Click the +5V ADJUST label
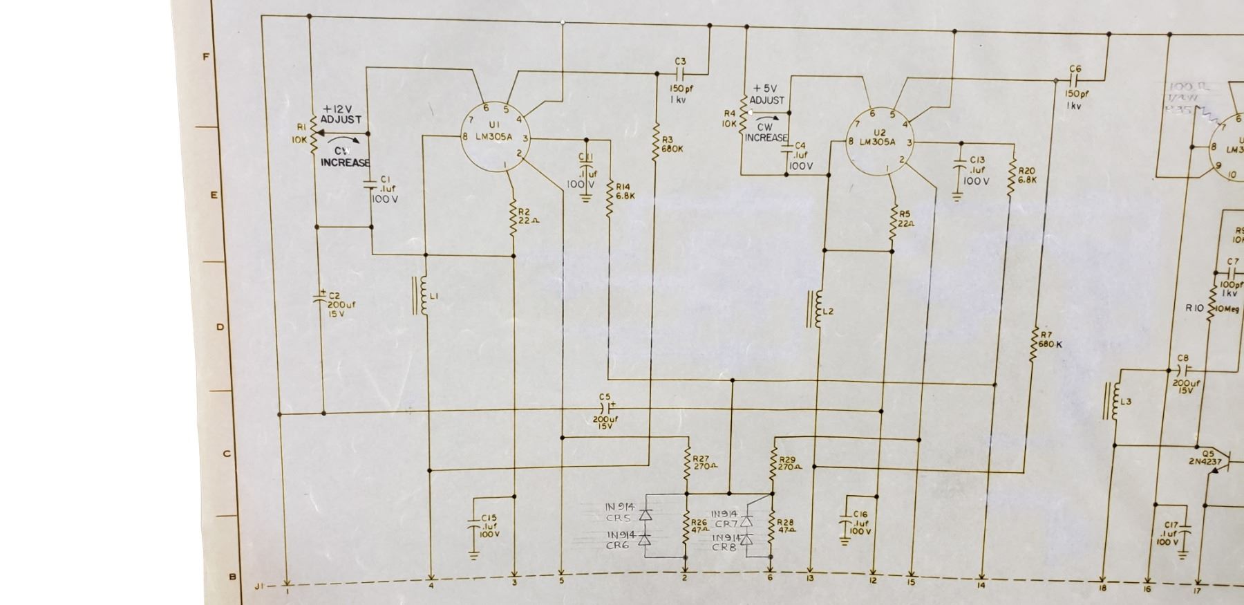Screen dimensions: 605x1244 coord(766,95)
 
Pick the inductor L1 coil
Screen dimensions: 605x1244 coord(422,297)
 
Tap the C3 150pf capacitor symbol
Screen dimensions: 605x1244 coord(680,73)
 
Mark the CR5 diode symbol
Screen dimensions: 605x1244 coord(645,515)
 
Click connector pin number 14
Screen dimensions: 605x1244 coord(981,586)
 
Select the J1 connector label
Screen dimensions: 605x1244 coord(259,586)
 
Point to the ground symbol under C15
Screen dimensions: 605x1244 coord(474,554)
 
